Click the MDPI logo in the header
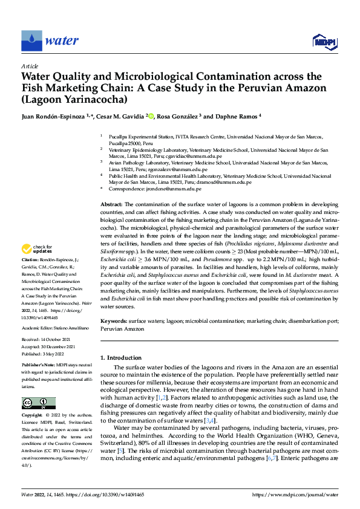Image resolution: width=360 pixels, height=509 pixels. pyautogui.click(x=324, y=41)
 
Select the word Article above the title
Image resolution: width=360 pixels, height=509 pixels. pyautogui.click(x=30, y=66)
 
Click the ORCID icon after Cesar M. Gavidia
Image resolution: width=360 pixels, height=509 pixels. pyautogui.click(x=168, y=116)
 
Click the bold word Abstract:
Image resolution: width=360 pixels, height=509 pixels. pyautogui.click(x=112, y=206)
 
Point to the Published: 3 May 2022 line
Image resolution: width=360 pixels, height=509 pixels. pyautogui.click(x=47, y=354)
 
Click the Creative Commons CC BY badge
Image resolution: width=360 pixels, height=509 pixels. pyautogui.click(x=38, y=403)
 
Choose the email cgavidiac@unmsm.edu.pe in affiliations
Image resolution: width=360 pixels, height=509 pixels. pyautogui.click(x=199, y=155)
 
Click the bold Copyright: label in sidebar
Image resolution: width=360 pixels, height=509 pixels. pyautogui.click(x=34, y=416)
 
